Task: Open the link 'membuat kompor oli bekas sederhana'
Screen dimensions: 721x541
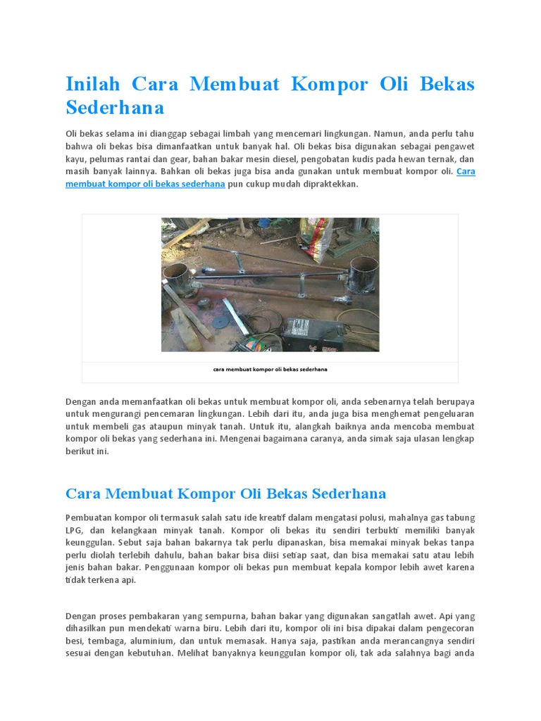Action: [145, 184]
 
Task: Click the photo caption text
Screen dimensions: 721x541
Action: [270, 369]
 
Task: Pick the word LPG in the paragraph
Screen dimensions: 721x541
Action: [75, 530]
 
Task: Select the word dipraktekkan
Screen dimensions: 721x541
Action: [331, 184]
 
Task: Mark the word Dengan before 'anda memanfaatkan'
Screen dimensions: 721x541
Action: [80, 401]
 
